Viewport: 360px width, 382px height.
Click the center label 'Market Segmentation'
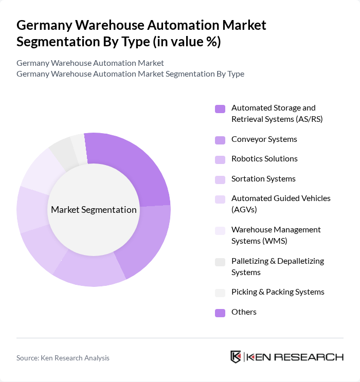pos(94,210)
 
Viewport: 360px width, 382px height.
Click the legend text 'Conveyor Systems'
pos(264,139)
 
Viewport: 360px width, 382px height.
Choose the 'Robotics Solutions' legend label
pos(264,159)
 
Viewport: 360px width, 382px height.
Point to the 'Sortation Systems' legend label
pos(263,179)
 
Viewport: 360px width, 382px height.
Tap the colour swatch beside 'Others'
pos(220,313)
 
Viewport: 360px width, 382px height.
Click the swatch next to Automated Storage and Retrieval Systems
pos(220,109)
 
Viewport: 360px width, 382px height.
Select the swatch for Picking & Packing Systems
pos(220,293)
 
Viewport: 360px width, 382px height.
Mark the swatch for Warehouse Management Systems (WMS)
pos(220,231)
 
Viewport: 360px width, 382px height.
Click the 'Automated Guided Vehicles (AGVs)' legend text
pos(281,204)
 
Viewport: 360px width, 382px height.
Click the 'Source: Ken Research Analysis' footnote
pos(63,358)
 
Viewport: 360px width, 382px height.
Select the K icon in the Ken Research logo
pos(236,357)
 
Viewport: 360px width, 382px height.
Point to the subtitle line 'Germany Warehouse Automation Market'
pos(90,63)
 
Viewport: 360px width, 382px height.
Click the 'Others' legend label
pos(244,312)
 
